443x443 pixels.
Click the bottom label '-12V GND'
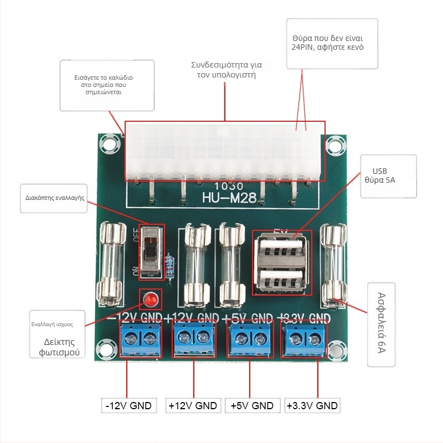click(128, 405)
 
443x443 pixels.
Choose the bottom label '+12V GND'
click(192, 405)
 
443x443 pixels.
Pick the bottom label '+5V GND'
click(252, 405)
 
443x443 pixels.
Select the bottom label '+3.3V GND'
click(312, 405)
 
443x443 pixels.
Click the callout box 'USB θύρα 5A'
click(388, 176)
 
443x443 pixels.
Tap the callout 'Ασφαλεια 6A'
click(382, 324)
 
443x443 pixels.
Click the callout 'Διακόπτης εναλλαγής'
click(54, 198)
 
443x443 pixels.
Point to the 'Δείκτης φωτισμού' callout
click(59, 347)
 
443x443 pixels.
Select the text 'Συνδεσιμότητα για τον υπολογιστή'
click(226, 69)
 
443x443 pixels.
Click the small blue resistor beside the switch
click(169, 267)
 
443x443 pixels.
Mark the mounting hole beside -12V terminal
click(104, 349)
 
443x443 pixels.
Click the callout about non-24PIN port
click(332, 43)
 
